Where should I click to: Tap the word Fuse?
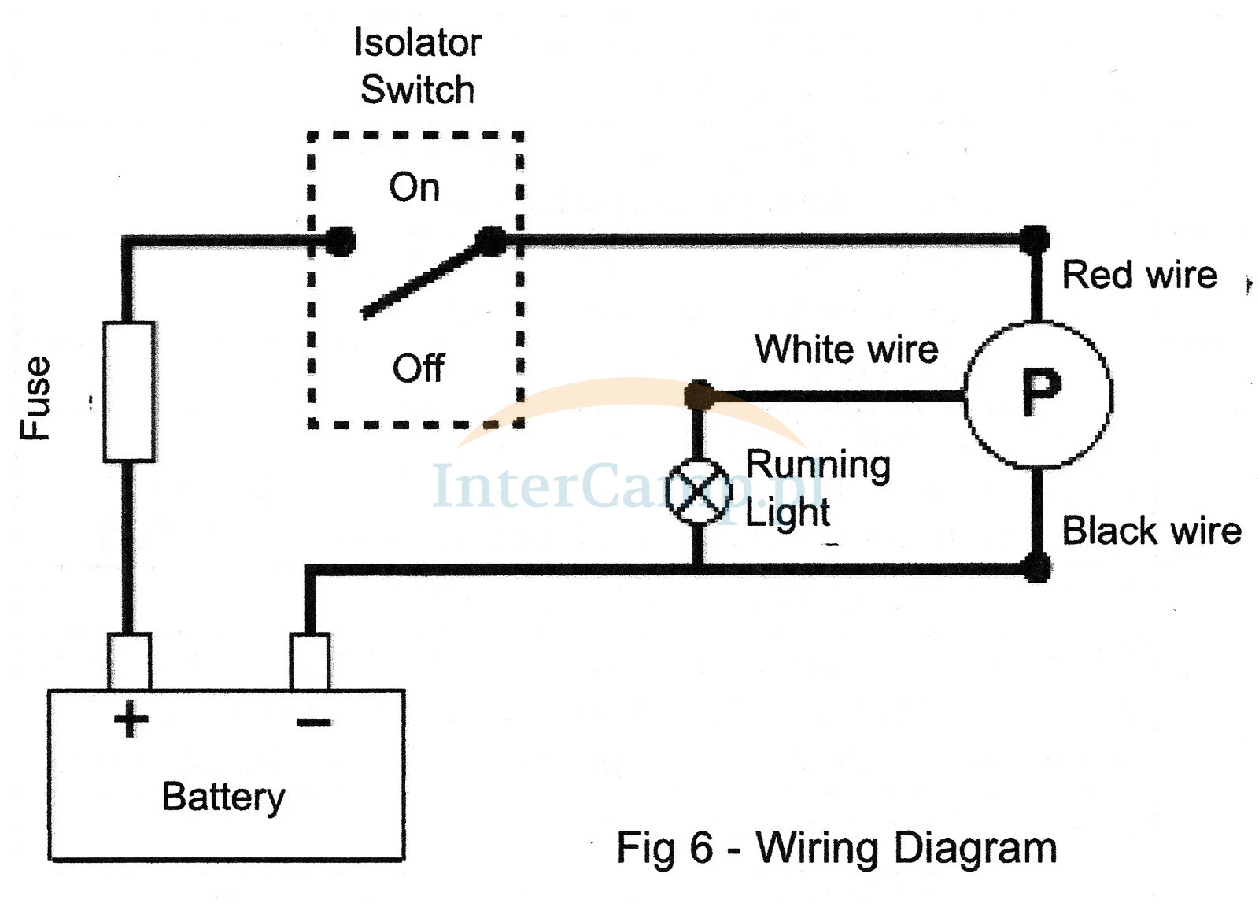35,398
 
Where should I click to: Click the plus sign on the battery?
131,719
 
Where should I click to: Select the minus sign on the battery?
314,722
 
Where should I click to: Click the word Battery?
223,798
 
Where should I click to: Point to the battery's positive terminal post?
129,661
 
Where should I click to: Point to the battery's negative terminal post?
310,661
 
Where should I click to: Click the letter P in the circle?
1042,393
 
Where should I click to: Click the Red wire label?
1139,276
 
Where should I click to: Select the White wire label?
847,350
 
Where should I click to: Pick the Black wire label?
1152,530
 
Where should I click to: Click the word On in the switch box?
414,187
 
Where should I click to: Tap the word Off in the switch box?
418,368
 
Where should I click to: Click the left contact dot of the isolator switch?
341,241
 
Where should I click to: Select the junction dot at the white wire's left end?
700,395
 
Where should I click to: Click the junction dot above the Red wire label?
1035,240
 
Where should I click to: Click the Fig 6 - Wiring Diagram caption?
837,849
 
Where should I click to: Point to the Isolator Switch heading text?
418,66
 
